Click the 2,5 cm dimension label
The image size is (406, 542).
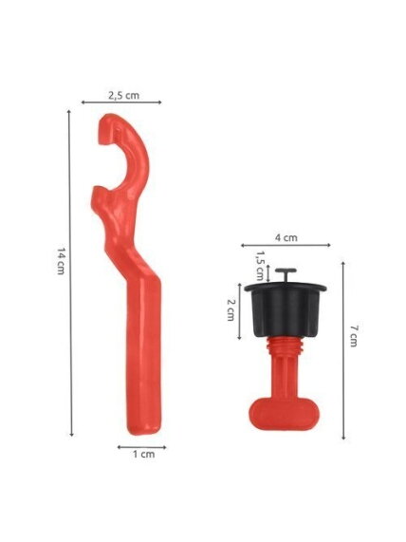[123, 96]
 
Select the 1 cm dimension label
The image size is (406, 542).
[144, 455]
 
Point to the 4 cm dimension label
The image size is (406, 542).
[286, 238]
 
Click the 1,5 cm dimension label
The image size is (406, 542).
[260, 266]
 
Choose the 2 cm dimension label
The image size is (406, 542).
[231, 309]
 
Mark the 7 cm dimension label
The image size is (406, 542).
[353, 336]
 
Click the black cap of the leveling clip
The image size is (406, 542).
[286, 308]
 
